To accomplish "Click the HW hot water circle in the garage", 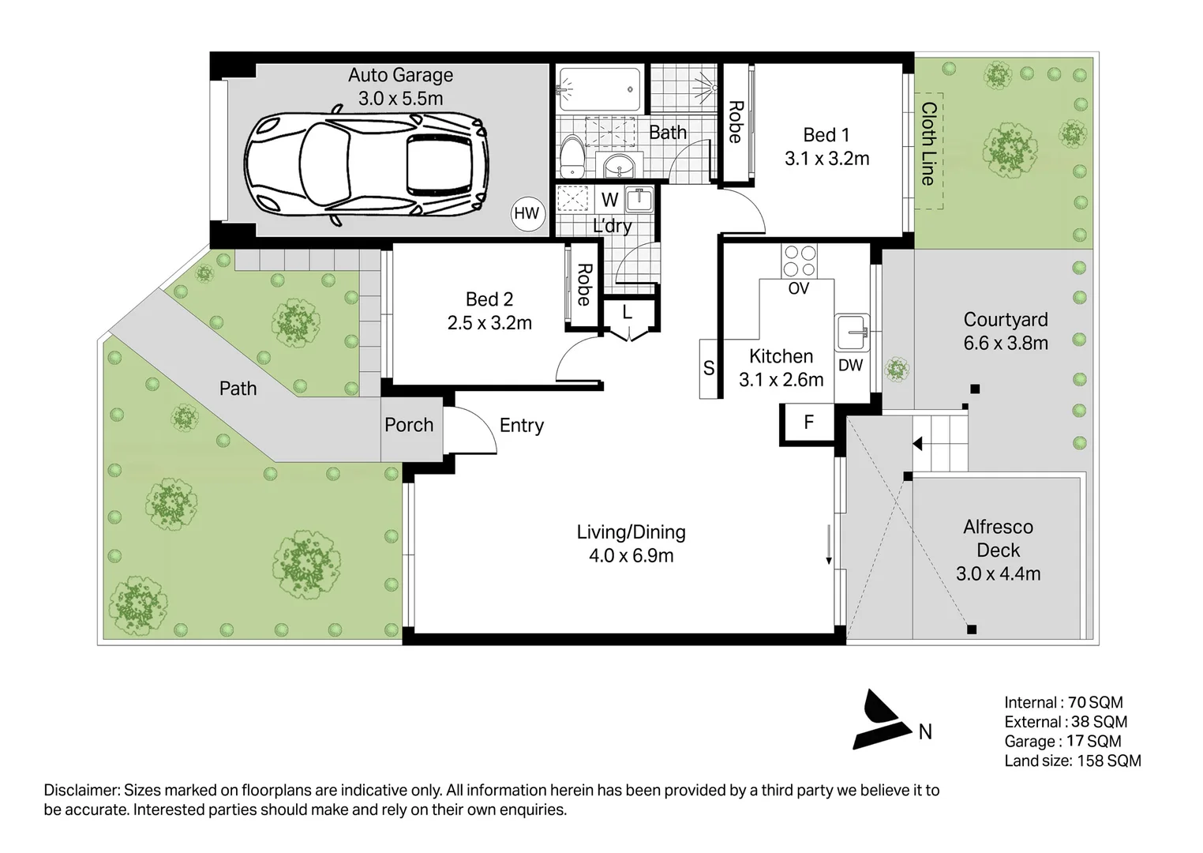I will click(x=527, y=213).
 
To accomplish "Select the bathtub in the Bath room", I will click(x=600, y=87).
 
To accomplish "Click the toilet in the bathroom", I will click(x=572, y=156).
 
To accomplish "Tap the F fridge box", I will click(x=808, y=423).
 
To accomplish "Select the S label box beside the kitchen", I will click(x=709, y=368).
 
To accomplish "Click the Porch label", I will click(x=409, y=425).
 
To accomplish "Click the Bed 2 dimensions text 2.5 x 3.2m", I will click(x=489, y=323).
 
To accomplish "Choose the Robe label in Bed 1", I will click(x=735, y=122).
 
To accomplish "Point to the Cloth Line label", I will click(x=928, y=143).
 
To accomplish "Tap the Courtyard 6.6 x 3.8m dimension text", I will click(x=1006, y=343).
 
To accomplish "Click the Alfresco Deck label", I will click(x=998, y=538).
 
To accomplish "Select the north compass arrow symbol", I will click(x=879, y=720).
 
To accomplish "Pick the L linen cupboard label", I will click(x=627, y=312).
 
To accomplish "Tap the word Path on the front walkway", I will click(x=238, y=389).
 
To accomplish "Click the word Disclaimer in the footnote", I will click(x=81, y=790).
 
